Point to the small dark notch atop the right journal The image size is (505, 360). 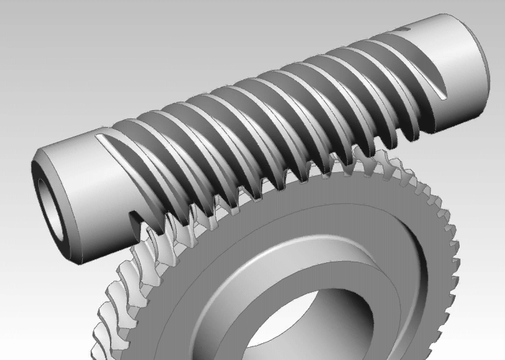point(403,30)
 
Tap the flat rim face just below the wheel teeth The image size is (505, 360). point(388,207)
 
